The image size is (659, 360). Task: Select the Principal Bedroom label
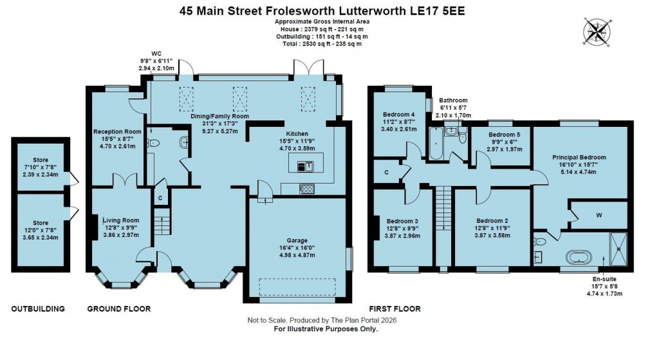click(x=579, y=156)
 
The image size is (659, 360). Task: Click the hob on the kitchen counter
click(x=307, y=189)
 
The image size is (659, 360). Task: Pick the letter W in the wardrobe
click(x=599, y=215)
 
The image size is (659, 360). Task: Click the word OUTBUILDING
click(x=38, y=309)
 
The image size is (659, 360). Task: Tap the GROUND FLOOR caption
click(x=119, y=309)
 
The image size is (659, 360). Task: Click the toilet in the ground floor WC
click(x=153, y=144)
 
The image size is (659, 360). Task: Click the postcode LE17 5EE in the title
click(x=443, y=11)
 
